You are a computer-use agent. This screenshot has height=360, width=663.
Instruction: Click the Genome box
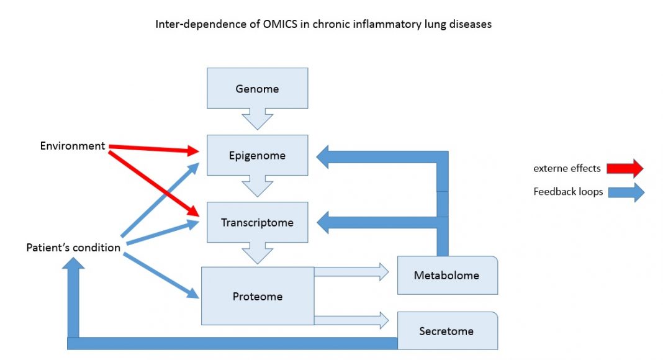257,89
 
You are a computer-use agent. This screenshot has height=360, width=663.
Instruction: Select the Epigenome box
257,155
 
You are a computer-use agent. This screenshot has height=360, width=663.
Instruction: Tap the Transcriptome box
257,222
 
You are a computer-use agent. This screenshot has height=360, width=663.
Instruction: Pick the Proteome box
257,296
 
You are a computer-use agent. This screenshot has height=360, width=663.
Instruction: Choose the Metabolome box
447,275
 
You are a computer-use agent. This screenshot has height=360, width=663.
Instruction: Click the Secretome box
447,331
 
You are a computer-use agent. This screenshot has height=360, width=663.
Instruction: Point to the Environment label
73,146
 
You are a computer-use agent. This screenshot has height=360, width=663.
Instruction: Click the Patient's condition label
73,248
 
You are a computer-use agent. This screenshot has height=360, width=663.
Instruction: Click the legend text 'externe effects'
567,168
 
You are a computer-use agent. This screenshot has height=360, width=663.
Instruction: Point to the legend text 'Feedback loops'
568,192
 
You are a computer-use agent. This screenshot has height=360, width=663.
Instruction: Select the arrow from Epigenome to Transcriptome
257,186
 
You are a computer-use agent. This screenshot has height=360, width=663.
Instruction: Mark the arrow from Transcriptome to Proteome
257,253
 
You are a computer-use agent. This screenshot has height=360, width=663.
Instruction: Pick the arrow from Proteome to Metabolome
351,271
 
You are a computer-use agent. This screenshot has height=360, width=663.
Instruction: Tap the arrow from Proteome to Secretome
351,320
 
